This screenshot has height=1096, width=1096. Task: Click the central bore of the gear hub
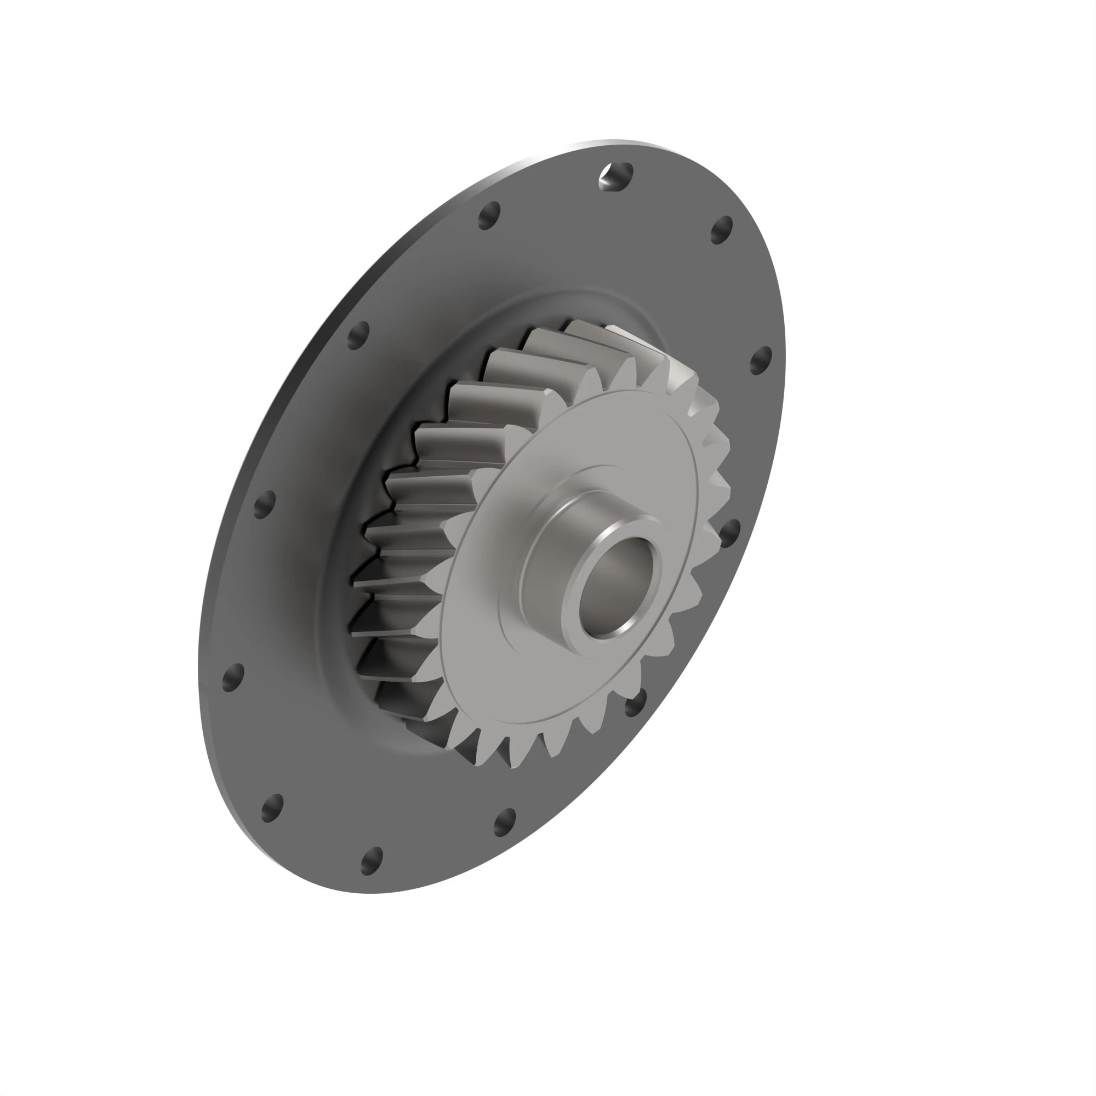(x=618, y=587)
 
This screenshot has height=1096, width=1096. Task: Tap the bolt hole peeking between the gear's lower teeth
(x=635, y=704)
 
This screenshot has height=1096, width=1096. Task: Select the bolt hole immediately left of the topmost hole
(x=489, y=215)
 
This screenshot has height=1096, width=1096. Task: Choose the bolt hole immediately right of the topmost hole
(x=722, y=230)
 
